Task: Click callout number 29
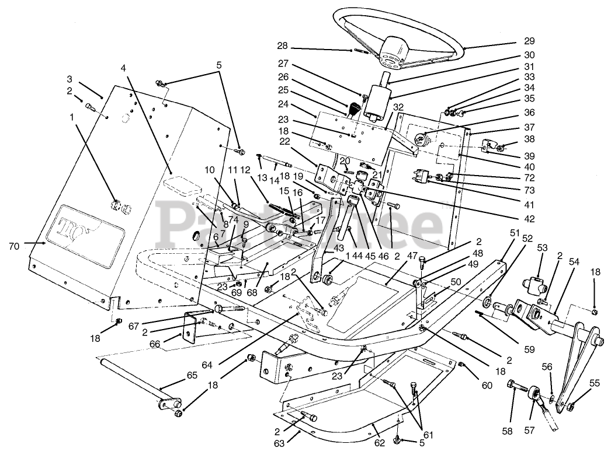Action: click(x=513, y=42)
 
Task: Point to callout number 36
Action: click(x=513, y=113)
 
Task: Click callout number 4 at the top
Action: click(x=123, y=68)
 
